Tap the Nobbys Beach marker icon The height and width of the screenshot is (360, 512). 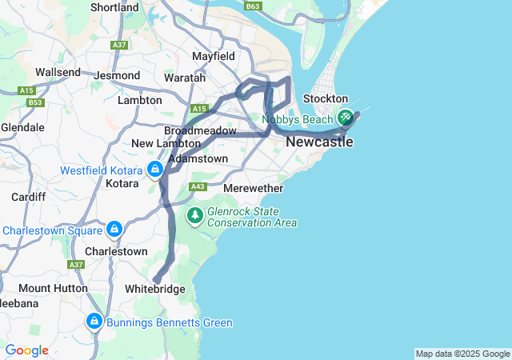[346, 118]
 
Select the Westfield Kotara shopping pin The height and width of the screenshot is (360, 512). [154, 170]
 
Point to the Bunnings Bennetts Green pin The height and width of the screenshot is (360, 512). [94, 322]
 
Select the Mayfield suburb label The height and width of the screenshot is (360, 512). [214, 57]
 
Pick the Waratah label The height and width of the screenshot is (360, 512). [186, 78]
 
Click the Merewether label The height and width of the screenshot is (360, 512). [253, 188]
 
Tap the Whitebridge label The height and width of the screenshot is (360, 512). [155, 289]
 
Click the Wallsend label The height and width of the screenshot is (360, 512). [58, 72]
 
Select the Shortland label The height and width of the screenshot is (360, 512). [115, 7]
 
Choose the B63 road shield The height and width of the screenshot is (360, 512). [253, 6]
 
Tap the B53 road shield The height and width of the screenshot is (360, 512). [34, 102]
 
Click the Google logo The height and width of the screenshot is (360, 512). [26, 350]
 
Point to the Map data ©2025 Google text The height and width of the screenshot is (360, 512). [462, 354]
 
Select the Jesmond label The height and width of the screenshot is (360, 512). [117, 76]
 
